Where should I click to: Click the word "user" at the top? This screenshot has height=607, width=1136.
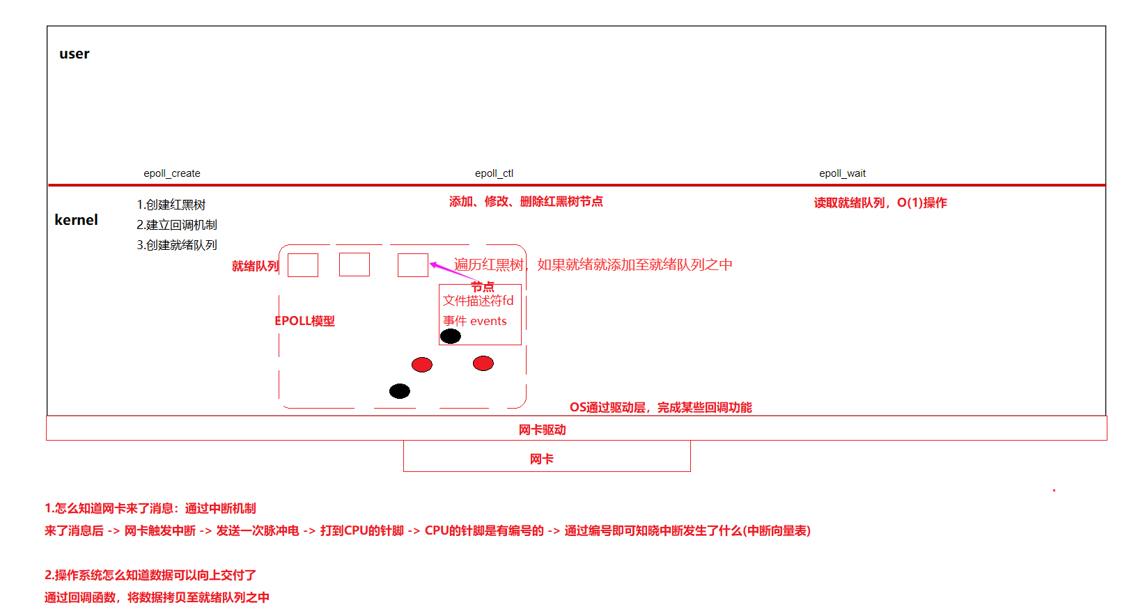point(75,54)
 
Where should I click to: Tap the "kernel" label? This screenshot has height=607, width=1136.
point(76,220)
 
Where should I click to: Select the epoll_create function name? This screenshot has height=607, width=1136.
point(172,173)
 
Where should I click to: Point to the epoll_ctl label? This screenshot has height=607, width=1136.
point(494,173)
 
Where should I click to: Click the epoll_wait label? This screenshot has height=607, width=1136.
point(842,173)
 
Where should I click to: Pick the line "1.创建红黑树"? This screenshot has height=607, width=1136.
point(171,205)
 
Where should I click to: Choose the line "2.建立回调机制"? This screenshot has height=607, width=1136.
point(177,225)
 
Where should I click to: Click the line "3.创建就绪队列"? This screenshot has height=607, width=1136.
point(177,245)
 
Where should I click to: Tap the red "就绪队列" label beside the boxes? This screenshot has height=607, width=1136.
point(255,266)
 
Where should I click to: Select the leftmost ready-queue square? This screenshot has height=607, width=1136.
point(303,265)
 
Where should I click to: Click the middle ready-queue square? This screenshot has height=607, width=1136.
point(355,265)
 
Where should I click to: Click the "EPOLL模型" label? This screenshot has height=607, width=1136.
point(304,321)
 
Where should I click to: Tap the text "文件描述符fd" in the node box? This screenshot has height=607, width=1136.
point(478,301)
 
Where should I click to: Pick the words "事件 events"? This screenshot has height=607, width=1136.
point(475,321)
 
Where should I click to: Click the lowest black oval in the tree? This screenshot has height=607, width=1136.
point(400,391)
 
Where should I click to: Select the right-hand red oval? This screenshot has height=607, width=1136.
point(483,363)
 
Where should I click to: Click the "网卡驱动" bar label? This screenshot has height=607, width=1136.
point(542,430)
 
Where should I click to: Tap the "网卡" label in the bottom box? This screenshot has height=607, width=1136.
point(542,459)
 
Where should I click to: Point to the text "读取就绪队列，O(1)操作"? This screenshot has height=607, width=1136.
point(880,203)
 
